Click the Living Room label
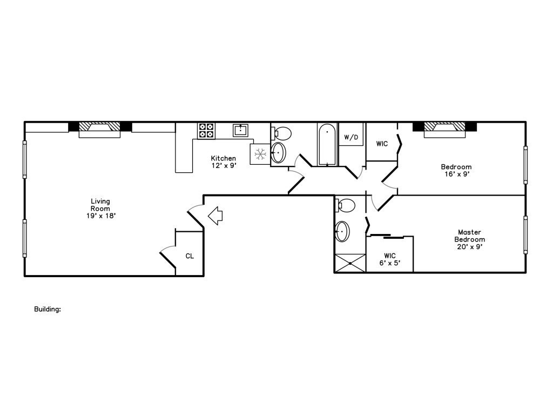point(100,208)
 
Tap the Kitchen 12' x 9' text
point(223,162)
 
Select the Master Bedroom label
point(469,239)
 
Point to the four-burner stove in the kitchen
point(206,130)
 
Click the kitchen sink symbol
point(240,130)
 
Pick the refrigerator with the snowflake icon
point(260,154)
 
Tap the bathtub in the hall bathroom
point(327,145)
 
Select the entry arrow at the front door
point(215,216)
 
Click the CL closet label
point(190,256)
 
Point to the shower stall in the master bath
point(350,263)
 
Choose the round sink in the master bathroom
point(342,232)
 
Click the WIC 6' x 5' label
point(390,259)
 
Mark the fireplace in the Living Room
point(99,129)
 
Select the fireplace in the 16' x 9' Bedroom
point(444,129)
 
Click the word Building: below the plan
point(48,310)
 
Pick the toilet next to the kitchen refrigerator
point(282,132)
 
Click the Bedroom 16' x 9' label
point(456,170)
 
